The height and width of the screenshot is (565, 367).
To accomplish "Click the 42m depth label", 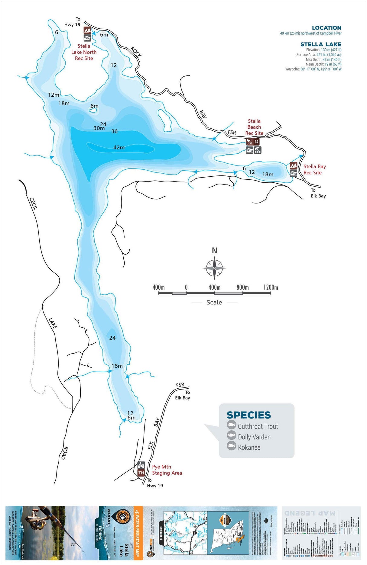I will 119,148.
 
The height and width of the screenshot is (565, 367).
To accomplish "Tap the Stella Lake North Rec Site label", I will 84,52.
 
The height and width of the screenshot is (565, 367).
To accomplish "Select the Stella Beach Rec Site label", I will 254,127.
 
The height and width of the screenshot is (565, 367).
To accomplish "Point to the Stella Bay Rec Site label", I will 314,169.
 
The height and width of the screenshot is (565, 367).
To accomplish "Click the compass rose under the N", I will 214,268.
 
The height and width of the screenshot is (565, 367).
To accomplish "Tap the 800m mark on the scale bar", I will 242,287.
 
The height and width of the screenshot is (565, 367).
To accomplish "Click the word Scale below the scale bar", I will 214,303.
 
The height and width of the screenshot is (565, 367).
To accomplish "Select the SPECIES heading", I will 249,415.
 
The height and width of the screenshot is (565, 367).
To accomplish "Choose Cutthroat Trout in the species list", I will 258,426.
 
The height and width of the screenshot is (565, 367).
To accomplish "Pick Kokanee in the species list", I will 249,448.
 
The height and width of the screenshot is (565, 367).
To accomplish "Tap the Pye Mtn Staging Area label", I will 167,470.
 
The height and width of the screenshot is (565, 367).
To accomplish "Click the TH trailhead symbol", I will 141,473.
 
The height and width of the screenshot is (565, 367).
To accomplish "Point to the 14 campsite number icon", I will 257,142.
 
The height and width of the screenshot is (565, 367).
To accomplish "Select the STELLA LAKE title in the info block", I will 321,44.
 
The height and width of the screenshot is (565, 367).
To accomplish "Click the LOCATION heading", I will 326,28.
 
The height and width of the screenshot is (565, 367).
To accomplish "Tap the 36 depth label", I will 114,131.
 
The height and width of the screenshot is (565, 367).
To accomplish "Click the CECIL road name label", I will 33,204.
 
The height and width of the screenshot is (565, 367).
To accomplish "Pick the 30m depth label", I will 99,128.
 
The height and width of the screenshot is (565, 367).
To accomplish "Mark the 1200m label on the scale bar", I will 271,287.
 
